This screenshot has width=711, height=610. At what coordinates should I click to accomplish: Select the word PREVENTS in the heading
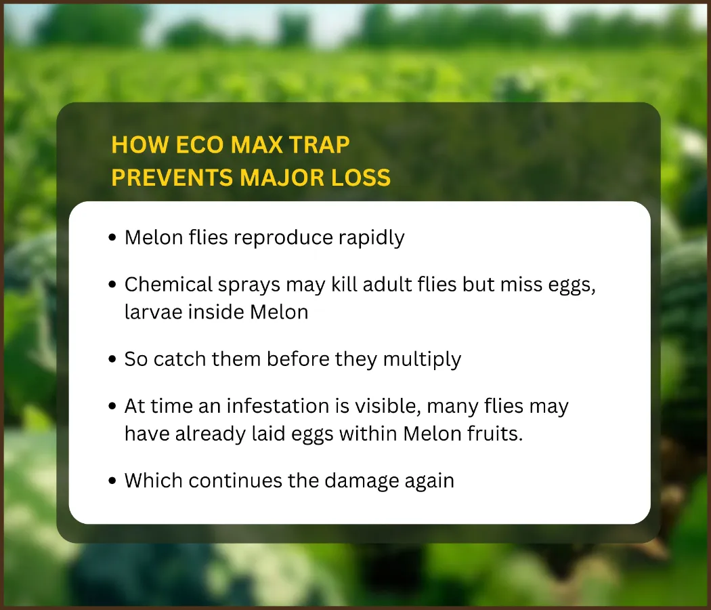point(172,177)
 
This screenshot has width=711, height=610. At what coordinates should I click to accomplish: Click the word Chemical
point(168,285)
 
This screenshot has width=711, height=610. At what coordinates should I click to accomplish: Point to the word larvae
point(153,312)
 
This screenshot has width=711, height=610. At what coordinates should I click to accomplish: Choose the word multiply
point(422,360)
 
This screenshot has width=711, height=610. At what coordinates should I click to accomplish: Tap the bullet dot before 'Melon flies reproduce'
point(113,238)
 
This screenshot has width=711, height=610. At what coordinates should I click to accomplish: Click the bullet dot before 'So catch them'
point(113,359)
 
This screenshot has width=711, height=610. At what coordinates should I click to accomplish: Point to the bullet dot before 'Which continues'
point(113,481)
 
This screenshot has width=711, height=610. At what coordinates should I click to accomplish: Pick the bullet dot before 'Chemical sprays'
point(113,285)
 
